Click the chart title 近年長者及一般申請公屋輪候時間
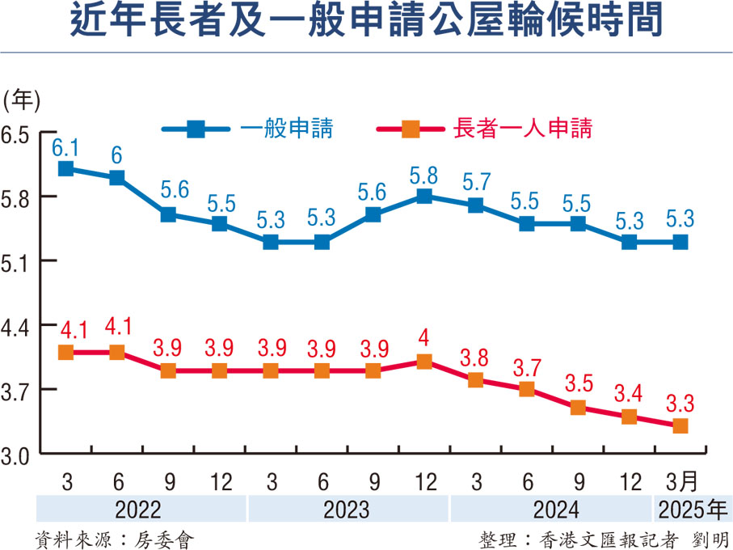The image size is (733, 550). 366,23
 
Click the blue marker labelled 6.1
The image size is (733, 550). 66,168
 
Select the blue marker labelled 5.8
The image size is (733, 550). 423,196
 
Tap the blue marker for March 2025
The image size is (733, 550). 680,242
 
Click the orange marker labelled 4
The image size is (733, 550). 423,362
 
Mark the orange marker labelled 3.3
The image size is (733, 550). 680,425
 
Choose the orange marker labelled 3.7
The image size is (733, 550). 527,389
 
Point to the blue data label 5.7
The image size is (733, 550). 475,180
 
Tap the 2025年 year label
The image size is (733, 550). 691,510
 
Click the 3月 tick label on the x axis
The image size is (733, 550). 680,481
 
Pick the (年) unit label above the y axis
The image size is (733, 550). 22,99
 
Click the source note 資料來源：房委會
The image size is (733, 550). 114,536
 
